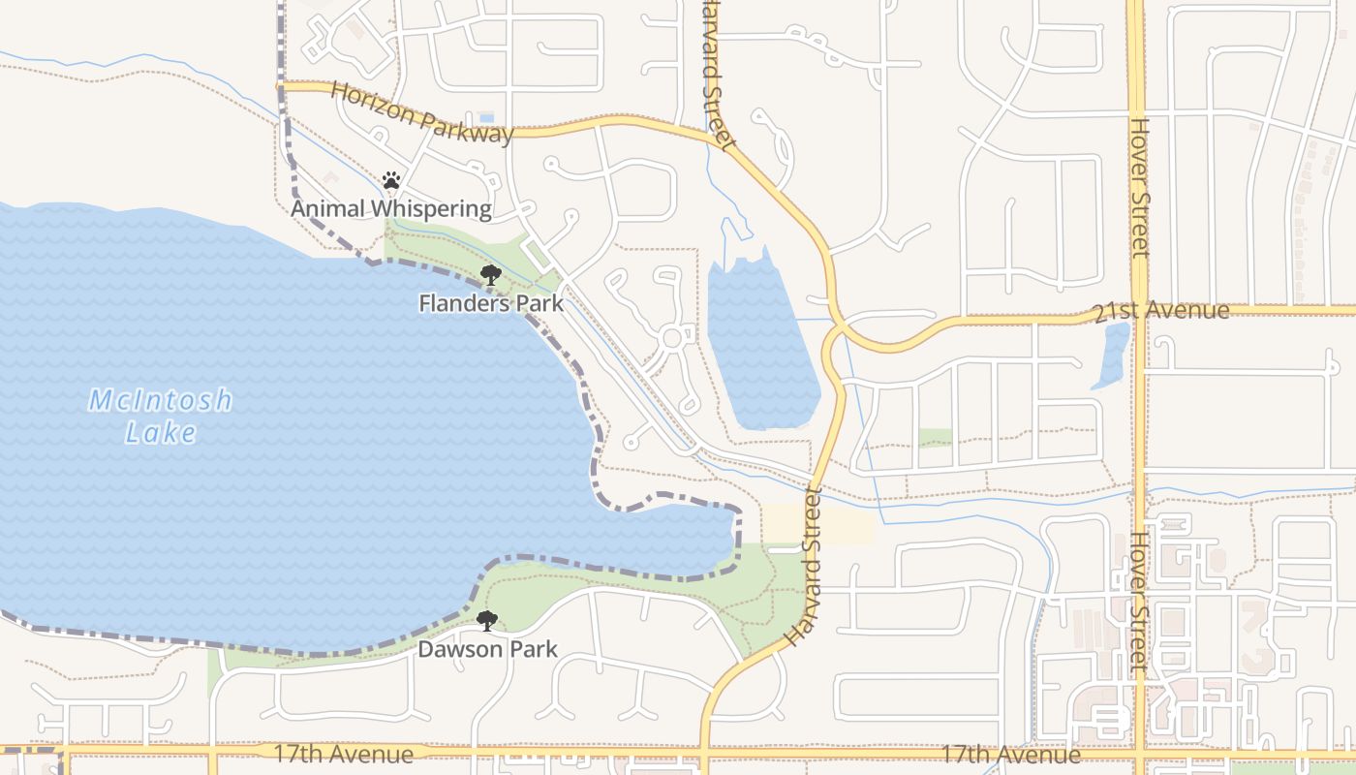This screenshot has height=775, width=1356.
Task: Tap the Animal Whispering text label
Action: tap(391, 208)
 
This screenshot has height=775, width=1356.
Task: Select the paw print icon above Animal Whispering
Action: tap(391, 180)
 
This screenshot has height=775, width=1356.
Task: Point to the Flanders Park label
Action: tap(491, 303)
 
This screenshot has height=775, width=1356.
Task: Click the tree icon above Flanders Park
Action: tap(491, 275)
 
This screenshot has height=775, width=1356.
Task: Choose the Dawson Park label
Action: tap(487, 649)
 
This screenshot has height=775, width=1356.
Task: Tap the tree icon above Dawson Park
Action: tap(487, 621)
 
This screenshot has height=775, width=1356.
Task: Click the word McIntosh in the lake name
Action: tap(161, 400)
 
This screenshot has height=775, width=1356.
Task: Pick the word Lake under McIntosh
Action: tap(161, 433)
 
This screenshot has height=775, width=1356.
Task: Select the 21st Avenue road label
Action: tap(1160, 312)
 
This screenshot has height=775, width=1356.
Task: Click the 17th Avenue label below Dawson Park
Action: tap(344, 754)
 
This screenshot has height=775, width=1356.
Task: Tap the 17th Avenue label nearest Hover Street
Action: tap(1011, 755)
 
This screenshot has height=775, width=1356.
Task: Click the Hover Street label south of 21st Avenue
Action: tap(1139, 601)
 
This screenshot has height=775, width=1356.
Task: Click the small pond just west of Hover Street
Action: tap(1112, 355)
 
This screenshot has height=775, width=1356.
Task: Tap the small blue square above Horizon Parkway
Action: tap(486, 117)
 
